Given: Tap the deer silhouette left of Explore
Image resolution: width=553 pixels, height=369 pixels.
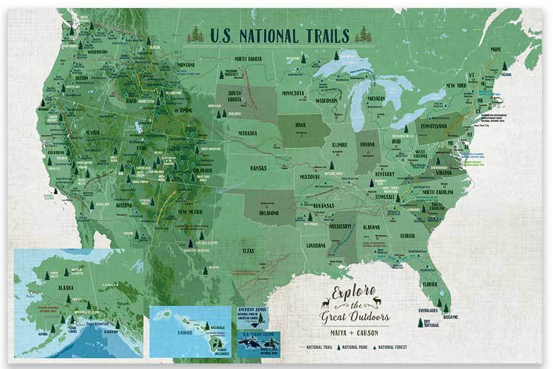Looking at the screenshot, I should pos(325,303).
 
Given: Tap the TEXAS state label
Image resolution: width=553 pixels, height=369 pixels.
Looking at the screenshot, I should pos(248,250).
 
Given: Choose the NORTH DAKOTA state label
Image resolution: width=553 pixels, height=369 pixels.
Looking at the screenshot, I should pos(249,59).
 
